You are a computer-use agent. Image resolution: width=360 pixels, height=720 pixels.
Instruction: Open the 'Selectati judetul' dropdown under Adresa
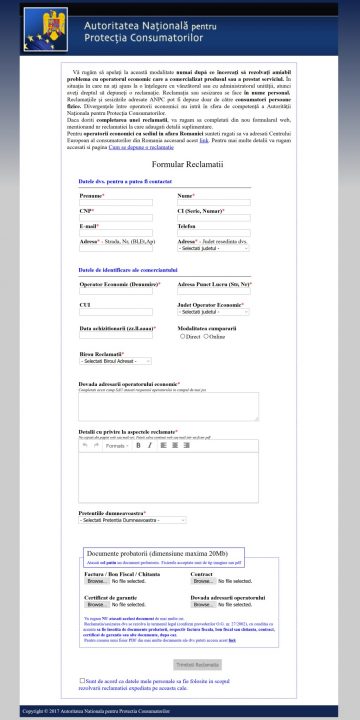click(x=213, y=248)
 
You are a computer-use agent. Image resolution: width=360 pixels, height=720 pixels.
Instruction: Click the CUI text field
click(x=115, y=311)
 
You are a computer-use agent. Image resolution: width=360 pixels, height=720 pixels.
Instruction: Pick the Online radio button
click(x=204, y=337)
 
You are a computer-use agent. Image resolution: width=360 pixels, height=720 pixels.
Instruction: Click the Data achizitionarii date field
click(x=115, y=336)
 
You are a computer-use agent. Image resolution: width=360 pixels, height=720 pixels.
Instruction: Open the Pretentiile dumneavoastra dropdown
click(x=132, y=520)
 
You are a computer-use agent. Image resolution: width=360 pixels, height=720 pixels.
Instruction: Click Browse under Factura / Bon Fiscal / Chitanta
click(x=96, y=580)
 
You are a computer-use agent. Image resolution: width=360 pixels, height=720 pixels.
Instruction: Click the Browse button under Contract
click(x=202, y=580)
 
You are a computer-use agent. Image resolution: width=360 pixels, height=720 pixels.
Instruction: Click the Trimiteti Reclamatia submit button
click(x=196, y=664)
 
